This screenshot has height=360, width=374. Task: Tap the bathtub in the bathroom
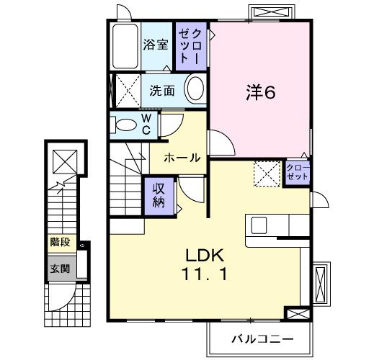tap(127, 45)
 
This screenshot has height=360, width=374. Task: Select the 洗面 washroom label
tap(163, 91)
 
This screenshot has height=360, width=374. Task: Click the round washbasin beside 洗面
tap(195, 90)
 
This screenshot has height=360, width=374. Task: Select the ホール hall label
tap(182, 157)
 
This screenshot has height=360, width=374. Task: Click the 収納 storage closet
tap(159, 193)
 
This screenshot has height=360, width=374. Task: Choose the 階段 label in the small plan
tap(60, 242)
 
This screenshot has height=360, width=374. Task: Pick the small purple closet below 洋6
tap(297, 173)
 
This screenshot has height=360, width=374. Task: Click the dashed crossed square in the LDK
tap(265, 174)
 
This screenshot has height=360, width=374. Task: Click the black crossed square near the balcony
tap(295, 314)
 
